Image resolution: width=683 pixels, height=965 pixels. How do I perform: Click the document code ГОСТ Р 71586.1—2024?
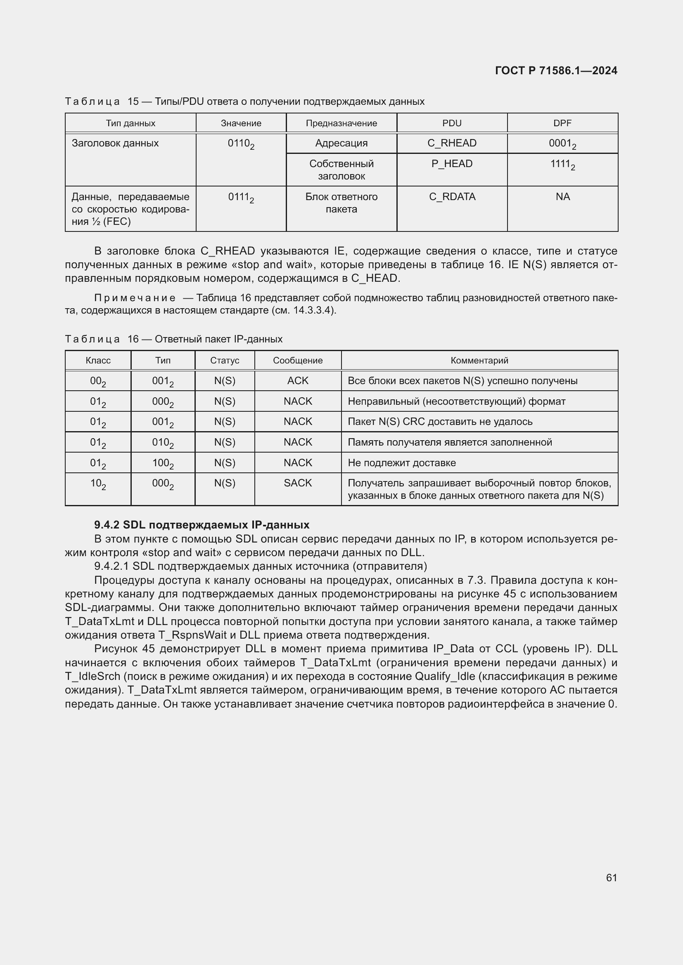click(x=555, y=71)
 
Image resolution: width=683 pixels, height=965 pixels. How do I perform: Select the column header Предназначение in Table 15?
click(x=341, y=123)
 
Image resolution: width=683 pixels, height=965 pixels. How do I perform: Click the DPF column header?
click(x=562, y=123)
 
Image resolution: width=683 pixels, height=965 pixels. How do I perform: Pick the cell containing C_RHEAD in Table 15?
click(x=452, y=143)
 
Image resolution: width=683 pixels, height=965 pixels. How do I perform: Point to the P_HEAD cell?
click(x=452, y=164)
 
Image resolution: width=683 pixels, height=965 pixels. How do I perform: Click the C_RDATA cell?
click(x=452, y=197)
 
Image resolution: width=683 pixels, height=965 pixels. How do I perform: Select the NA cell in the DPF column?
click(x=562, y=197)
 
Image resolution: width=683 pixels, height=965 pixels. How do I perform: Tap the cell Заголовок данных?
click(x=115, y=143)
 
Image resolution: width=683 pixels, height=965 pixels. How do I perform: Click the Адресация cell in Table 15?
click(x=341, y=143)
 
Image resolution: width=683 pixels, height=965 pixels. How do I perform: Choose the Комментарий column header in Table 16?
click(x=479, y=360)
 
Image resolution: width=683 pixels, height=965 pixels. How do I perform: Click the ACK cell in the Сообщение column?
click(x=298, y=381)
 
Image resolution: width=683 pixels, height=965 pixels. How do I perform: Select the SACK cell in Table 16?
click(x=298, y=483)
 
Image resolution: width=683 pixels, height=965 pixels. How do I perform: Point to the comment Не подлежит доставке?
click(x=401, y=463)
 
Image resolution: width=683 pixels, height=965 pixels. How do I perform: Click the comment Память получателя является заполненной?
click(x=449, y=442)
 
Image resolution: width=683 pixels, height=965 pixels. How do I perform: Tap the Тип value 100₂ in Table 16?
click(x=163, y=463)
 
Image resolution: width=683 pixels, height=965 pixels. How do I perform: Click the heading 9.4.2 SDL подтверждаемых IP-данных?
click(x=202, y=524)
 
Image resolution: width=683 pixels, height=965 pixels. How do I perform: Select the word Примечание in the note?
click(x=135, y=298)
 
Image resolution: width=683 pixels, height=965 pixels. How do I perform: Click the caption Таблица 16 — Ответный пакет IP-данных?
click(x=174, y=339)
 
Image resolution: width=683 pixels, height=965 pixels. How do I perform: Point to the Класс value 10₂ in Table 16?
click(x=98, y=484)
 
